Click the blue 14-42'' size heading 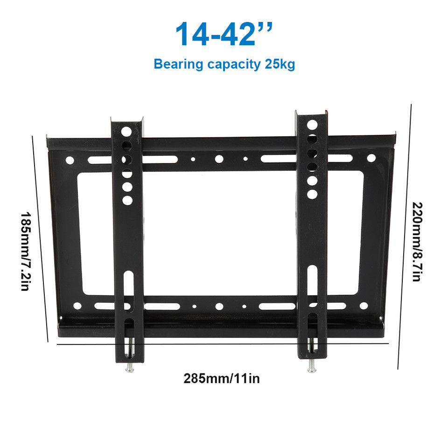point(224,33)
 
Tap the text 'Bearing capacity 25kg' point(224,64)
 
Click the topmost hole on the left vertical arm point(126,131)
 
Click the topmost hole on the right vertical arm point(312,125)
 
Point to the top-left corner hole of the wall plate point(70,160)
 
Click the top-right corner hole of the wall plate point(371,158)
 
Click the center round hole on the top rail point(218,159)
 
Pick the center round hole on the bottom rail point(218,307)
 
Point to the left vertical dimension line point(41,238)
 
